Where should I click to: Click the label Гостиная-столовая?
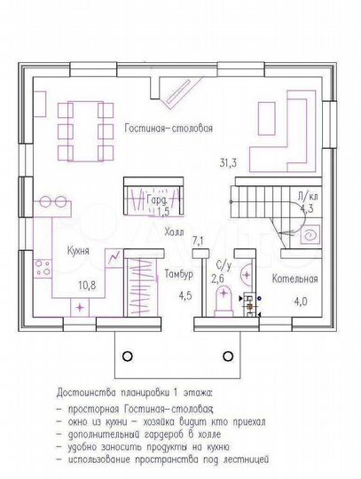(168, 128)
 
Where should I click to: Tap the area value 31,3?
(228, 162)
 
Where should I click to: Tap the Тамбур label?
(178, 275)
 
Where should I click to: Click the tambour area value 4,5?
(185, 295)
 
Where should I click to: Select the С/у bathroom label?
(224, 265)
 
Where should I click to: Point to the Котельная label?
(294, 279)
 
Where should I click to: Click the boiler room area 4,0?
(301, 302)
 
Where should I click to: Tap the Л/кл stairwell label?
(306, 197)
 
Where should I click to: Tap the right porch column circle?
(230, 356)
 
